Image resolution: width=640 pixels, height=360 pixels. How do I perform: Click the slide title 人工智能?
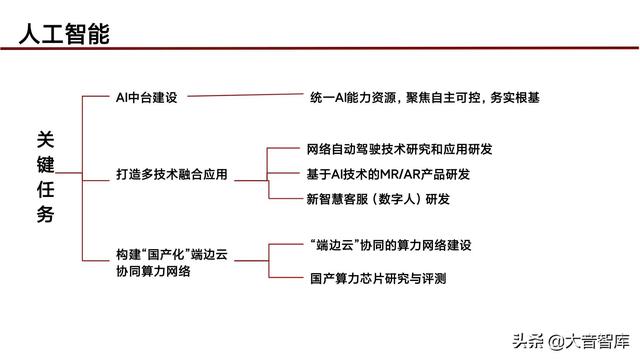tap(64, 33)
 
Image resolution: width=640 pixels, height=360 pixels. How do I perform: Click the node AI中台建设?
tap(146, 97)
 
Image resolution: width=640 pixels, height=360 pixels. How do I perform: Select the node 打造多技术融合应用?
tap(172, 174)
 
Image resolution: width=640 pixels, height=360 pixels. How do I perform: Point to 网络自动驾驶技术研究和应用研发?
tap(399, 149)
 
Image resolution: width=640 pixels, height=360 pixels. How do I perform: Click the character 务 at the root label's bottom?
tap(46, 214)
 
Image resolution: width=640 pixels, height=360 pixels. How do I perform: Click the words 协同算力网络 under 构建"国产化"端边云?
tap(153, 271)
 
